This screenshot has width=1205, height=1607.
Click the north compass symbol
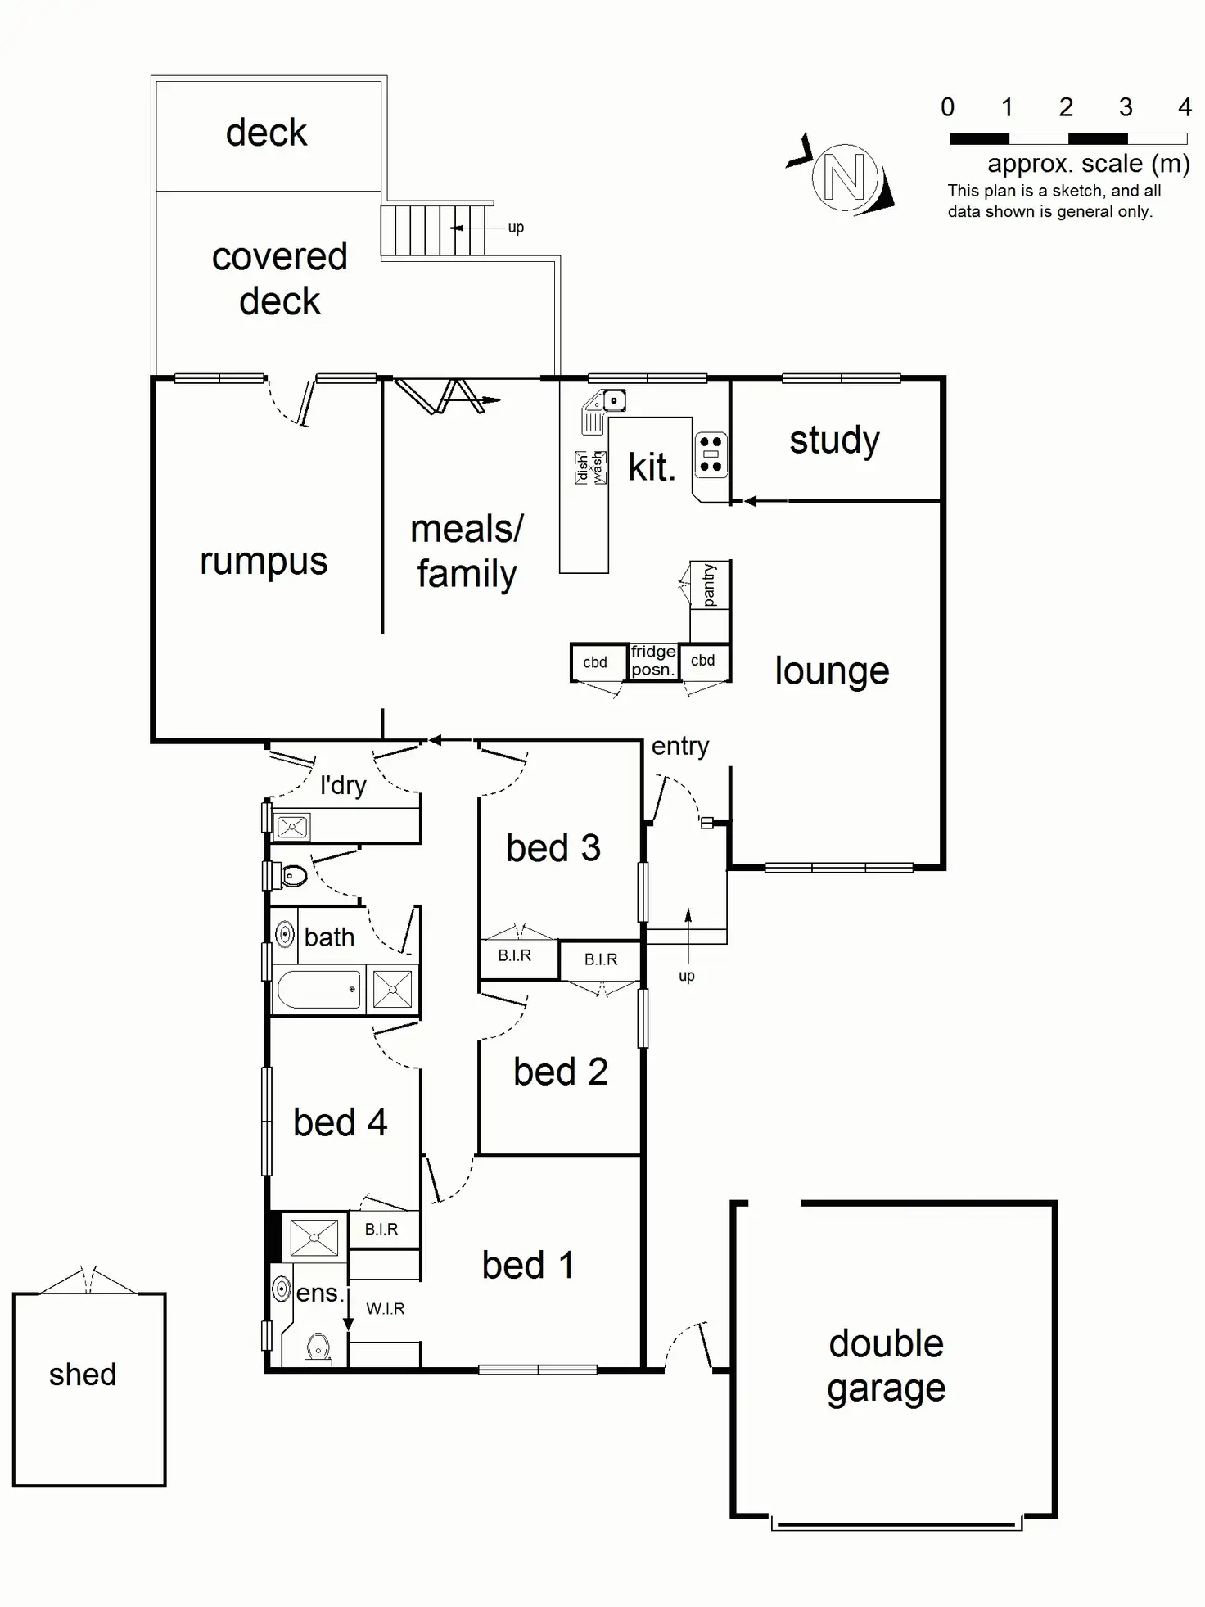point(844,177)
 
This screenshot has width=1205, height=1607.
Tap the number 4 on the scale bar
point(1184,107)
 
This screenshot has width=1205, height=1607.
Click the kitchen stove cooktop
point(711,454)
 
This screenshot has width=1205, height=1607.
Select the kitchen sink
point(613,400)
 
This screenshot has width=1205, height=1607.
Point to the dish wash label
point(590,468)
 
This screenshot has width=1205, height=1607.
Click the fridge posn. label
point(653,661)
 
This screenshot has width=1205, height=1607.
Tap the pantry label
point(709,585)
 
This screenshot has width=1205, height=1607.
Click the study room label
point(834,440)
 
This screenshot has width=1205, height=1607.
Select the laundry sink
point(292,827)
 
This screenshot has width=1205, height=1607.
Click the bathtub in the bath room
point(318,990)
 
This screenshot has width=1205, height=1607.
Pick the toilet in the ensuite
point(318,1346)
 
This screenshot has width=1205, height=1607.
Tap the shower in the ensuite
point(314,1237)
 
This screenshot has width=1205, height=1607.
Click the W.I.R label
point(385,1309)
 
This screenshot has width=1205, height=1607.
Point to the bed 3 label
point(553,848)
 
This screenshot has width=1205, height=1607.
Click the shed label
point(83,1375)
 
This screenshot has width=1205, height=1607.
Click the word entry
point(679,746)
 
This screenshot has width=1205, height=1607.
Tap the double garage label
point(886,1366)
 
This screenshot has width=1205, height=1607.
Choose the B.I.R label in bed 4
point(381,1229)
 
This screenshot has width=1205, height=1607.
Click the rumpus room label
point(264,562)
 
